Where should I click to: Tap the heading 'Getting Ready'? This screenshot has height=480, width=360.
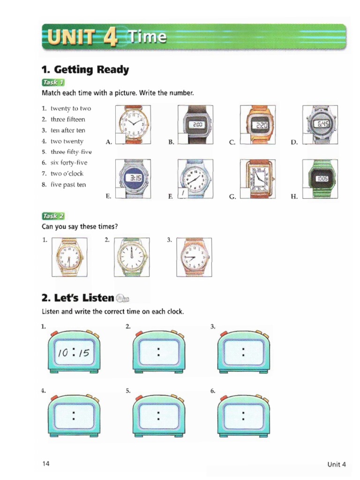click(85, 70)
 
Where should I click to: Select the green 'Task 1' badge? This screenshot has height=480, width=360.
click(52, 82)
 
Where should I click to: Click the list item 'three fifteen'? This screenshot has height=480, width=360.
click(67, 119)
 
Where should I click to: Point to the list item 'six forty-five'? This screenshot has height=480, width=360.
click(69, 163)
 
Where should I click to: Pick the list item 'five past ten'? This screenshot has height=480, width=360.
click(68, 184)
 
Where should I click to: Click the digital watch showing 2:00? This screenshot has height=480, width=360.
click(196, 125)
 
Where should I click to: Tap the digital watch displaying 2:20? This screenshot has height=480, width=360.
click(258, 125)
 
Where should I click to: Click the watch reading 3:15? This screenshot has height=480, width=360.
click(133, 179)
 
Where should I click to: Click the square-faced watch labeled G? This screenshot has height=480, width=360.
click(258, 179)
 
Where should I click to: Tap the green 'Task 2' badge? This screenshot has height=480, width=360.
click(52, 216)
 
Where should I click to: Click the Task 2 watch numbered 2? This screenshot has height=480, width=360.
click(133, 257)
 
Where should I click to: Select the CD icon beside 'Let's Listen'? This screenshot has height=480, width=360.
click(122, 299)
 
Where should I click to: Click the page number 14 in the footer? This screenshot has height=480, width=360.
click(45, 464)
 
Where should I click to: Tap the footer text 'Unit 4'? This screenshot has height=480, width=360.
click(336, 465)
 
